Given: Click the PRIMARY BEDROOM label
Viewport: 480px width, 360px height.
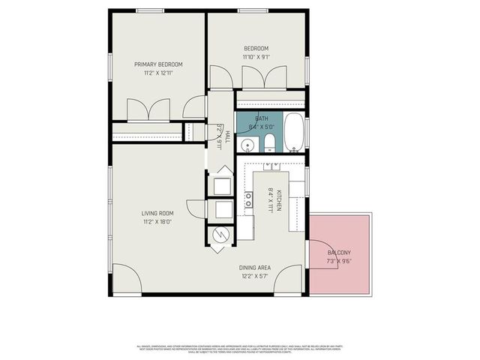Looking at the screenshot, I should pos(158,64).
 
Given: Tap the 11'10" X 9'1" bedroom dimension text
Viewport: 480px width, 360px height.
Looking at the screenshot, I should pos(256,57).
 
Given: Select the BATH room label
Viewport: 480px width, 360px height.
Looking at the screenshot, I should pos(261,118).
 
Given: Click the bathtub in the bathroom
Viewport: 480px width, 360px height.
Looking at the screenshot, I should pos(293,132).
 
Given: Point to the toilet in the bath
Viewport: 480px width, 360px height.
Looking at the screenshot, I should pos(268,143).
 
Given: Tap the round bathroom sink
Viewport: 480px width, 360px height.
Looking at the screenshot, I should pos(247,144).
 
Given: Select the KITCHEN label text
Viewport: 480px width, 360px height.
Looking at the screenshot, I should pos(277,198).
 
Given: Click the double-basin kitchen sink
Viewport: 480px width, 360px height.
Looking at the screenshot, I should pos(248,199).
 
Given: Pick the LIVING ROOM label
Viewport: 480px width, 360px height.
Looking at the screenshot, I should pos(158,213).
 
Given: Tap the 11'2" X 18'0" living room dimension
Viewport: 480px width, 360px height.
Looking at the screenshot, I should pos(158,222).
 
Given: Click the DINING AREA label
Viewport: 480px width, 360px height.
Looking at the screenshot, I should pos(255,268).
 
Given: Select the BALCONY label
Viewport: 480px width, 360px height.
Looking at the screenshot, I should pos(339,253).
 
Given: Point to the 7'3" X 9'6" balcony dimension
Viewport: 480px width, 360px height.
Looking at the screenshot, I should pos(339,262).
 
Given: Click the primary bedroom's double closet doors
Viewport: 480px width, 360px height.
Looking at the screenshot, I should pos(148,110).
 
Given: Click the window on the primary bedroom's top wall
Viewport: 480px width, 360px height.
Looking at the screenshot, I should pos(150,10).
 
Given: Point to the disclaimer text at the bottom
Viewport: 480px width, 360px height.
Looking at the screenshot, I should pos(240,349).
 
